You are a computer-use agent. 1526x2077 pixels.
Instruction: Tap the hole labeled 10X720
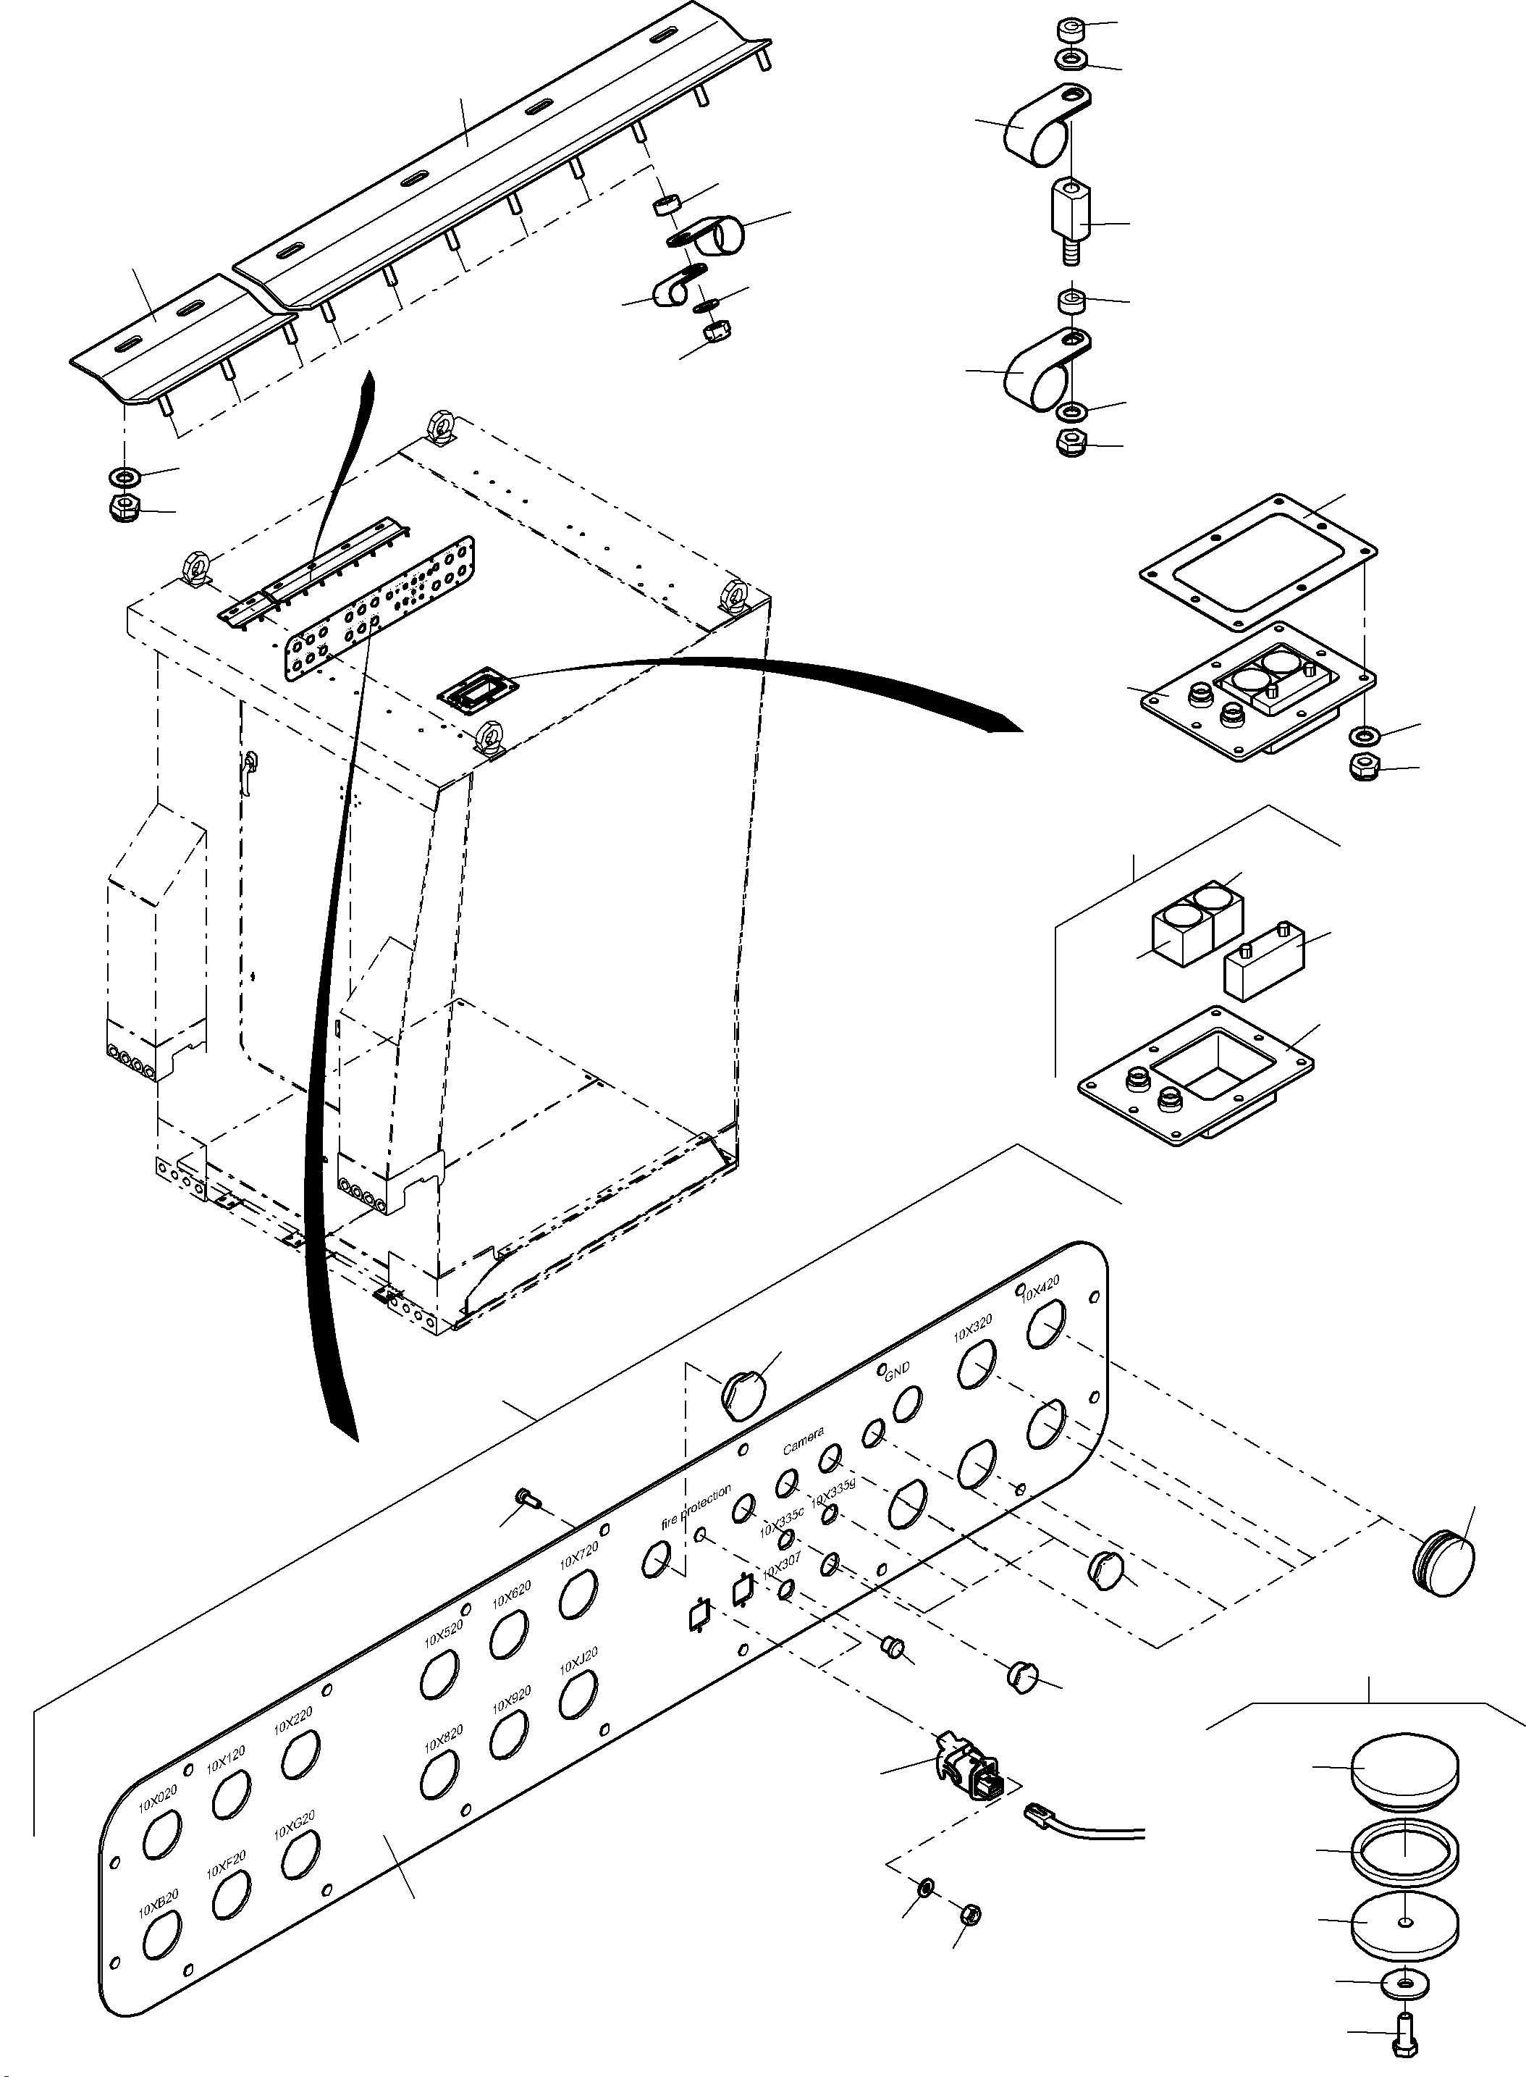point(578,1594)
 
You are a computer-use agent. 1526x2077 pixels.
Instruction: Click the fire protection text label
point(696,1504)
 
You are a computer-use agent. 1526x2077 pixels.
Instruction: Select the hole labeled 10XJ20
point(578,1695)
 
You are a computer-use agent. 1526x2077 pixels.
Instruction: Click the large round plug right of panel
point(1443,1564)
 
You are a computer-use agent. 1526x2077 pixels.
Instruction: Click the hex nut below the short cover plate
point(124,507)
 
